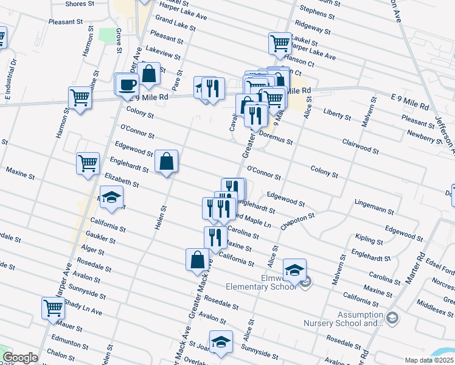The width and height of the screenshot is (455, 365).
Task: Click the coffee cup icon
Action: pyautogui.click(x=127, y=85)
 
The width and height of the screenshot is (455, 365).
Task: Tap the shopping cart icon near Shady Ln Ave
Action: pyautogui.click(x=53, y=308)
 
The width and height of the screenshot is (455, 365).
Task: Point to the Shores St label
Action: pyautogui.click(x=79, y=4)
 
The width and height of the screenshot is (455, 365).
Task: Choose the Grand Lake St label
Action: pyautogui.click(x=175, y=23)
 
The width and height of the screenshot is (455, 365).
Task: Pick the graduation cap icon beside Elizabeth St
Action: pyautogui.click(x=111, y=196)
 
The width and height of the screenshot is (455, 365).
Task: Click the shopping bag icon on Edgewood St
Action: pyautogui.click(x=166, y=161)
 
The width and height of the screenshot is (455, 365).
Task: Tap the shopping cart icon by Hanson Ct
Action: pyautogui.click(x=280, y=43)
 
